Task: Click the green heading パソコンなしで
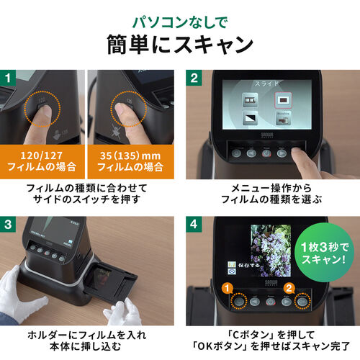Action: (x=180, y=16)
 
